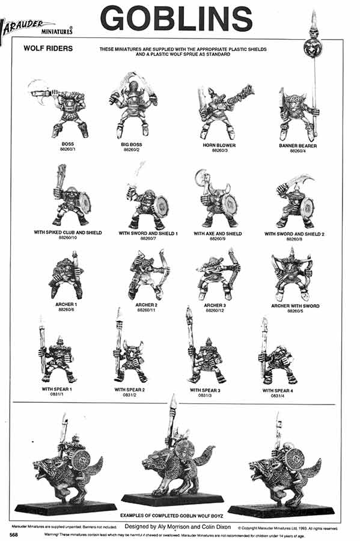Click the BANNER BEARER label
297,146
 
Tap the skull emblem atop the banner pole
314,46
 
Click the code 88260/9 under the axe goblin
217,239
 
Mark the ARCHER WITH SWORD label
295,306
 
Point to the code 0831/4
277,396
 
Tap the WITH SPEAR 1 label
57,390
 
